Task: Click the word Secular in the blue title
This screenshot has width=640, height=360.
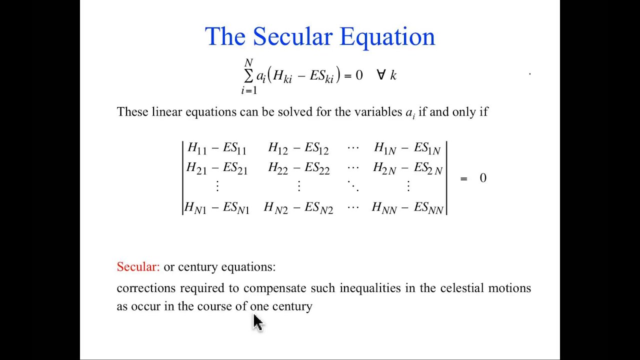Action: (292, 36)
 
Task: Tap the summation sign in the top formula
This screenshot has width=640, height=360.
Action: (248, 76)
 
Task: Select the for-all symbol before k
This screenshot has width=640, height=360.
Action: (381, 75)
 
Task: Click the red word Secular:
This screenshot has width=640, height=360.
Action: (138, 266)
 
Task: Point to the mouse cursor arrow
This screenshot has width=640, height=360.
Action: (257, 322)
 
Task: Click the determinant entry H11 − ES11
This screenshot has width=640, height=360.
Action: (217, 148)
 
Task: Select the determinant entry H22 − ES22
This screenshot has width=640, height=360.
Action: (298, 168)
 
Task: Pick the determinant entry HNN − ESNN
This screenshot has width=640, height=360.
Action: (407, 207)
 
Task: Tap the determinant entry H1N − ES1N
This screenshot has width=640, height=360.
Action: (407, 148)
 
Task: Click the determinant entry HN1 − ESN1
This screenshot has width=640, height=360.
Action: (217, 207)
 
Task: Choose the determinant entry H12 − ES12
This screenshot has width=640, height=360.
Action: (298, 148)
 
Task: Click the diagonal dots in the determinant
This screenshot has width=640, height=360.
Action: (353, 186)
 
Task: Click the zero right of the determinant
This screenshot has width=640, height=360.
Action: (483, 178)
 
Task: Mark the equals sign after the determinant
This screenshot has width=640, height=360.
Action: (463, 179)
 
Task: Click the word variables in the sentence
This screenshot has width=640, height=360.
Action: (378, 111)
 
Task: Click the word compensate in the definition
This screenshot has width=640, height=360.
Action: (275, 288)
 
